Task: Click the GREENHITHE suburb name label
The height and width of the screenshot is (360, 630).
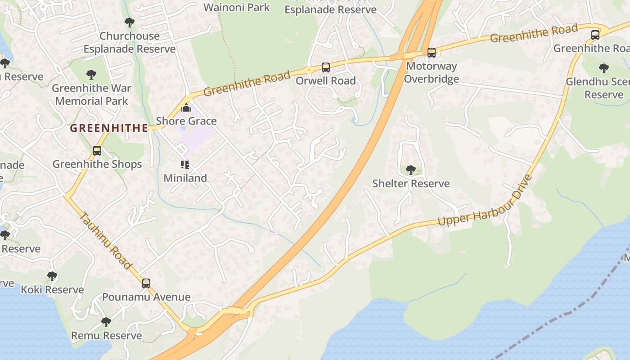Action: (x=109, y=128)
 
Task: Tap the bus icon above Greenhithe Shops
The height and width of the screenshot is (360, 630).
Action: (x=97, y=151)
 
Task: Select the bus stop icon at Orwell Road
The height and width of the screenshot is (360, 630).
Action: (x=325, y=67)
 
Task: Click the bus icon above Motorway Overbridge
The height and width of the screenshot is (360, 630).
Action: (x=432, y=53)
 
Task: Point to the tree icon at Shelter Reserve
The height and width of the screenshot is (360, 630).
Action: (x=410, y=170)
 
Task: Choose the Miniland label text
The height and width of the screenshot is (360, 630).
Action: (x=185, y=178)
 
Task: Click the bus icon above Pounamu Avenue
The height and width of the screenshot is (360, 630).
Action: (x=146, y=283)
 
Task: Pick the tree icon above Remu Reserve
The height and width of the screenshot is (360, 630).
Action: (x=106, y=322)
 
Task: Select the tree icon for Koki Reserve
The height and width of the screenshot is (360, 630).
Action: (x=52, y=276)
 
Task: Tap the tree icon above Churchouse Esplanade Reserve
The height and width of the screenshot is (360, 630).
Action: (x=130, y=22)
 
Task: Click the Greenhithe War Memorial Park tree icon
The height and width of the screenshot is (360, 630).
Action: (x=91, y=74)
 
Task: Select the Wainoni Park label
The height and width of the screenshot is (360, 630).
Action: (x=237, y=7)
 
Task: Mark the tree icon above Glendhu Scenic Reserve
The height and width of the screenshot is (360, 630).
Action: (x=604, y=68)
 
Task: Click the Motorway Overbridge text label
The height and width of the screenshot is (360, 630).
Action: (x=431, y=72)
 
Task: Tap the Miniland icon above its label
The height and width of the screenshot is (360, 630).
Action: (x=185, y=165)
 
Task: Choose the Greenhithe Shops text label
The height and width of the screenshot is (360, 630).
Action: (x=97, y=164)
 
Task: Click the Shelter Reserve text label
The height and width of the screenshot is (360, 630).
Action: (x=411, y=184)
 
